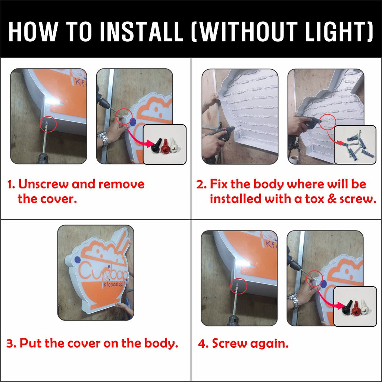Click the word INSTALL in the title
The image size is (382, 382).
click(x=141, y=32)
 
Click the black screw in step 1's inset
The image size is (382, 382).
click(x=156, y=146)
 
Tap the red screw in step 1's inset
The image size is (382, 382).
click(x=166, y=146)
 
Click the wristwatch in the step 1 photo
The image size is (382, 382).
click(x=103, y=139)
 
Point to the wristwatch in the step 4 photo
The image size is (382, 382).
click(x=294, y=300)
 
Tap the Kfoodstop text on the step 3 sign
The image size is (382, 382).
click(x=113, y=284)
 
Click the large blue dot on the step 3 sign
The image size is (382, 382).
click(x=78, y=260)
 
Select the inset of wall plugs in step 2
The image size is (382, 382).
click(x=355, y=145)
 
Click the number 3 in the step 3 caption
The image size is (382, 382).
click(x=10, y=344)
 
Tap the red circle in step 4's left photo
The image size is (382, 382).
click(x=238, y=286)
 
